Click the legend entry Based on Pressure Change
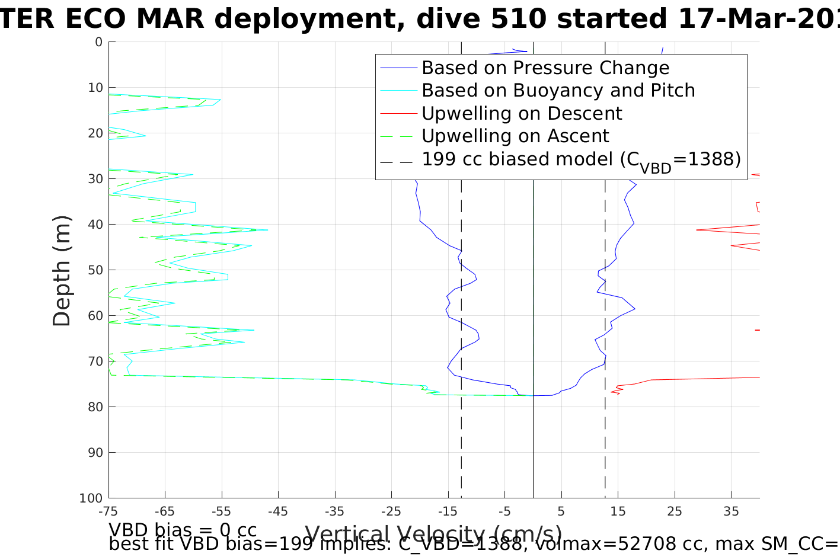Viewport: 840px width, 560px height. pyautogui.click(x=545, y=68)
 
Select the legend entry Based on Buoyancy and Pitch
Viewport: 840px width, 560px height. pyautogui.click(x=558, y=91)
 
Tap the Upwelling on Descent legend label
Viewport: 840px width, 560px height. pyautogui.click(x=522, y=113)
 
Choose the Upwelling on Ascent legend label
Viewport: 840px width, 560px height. pyautogui.click(x=515, y=136)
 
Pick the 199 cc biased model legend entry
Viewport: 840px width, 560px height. pyautogui.click(x=581, y=160)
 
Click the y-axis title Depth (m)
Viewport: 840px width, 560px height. pyautogui.click(x=62, y=270)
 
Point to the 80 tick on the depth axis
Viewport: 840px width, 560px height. pyautogui.click(x=95, y=407)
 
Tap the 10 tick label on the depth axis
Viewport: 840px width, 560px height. pyautogui.click(x=95, y=88)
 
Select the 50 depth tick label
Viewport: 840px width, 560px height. pyautogui.click(x=95, y=270)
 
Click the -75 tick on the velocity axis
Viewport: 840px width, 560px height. pyautogui.click(x=108, y=511)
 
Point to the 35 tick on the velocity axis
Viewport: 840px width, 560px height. pyautogui.click(x=731, y=511)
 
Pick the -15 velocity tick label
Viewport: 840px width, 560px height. pyautogui.click(x=448, y=511)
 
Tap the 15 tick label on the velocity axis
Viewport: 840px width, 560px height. pyautogui.click(x=618, y=511)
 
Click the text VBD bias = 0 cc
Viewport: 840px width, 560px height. pyautogui.click(x=183, y=530)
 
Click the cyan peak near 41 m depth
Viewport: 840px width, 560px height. pyautogui.click(x=267, y=230)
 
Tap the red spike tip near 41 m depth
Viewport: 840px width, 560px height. pyautogui.click(x=697, y=230)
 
